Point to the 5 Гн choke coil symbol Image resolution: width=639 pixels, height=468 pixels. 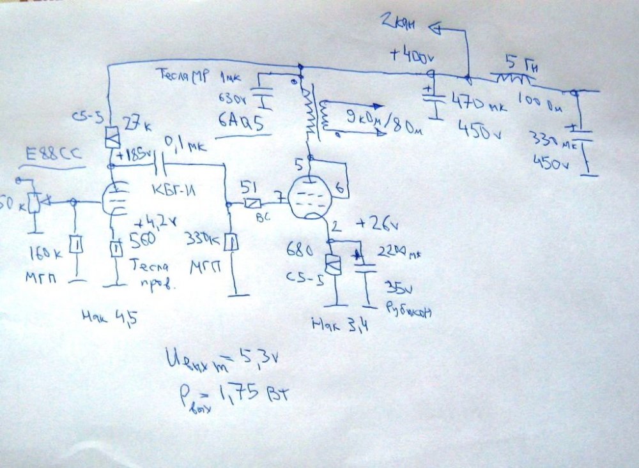(512, 79)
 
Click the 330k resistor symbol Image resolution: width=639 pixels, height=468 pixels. (232, 243)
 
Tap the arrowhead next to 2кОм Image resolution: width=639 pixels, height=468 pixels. (437, 27)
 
